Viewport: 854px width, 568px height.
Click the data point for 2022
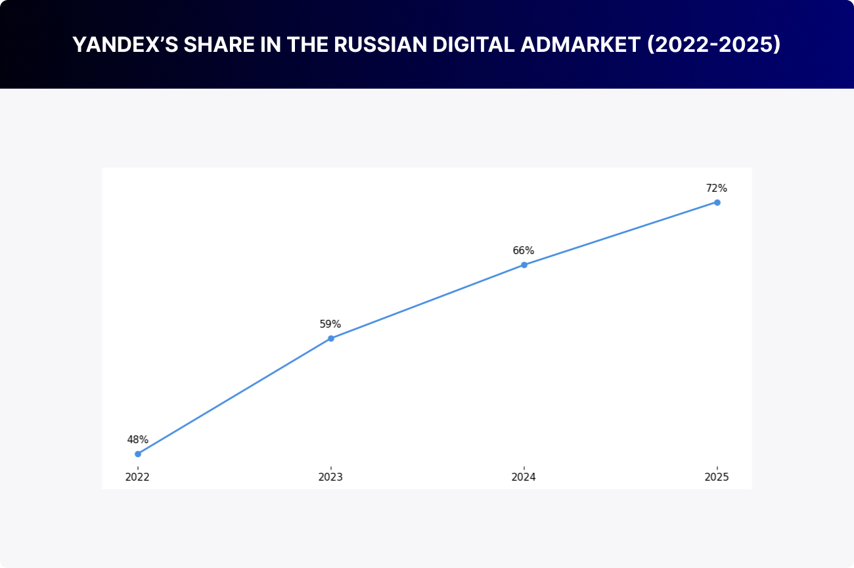pyautogui.click(x=138, y=454)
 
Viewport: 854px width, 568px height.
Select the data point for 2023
pyautogui.click(x=331, y=338)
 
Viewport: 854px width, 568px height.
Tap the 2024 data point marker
pyautogui.click(x=524, y=265)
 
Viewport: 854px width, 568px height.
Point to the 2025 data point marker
pyautogui.click(x=717, y=202)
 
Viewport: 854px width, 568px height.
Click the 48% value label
pyautogui.click(x=138, y=439)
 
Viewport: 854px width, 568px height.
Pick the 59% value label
pyautogui.click(x=330, y=324)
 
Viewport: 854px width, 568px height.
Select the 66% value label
pyautogui.click(x=524, y=250)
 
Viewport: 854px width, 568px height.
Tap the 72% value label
pyautogui.click(x=717, y=188)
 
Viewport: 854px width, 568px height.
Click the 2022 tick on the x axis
pyautogui.click(x=138, y=477)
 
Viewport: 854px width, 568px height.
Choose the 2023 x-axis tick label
pyautogui.click(x=330, y=477)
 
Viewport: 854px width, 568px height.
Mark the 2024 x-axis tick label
pyautogui.click(x=524, y=477)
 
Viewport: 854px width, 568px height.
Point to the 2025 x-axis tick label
pyautogui.click(x=717, y=477)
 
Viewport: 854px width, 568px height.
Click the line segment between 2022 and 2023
pyautogui.click(x=235, y=396)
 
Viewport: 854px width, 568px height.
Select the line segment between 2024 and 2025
pyautogui.click(x=621, y=233)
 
